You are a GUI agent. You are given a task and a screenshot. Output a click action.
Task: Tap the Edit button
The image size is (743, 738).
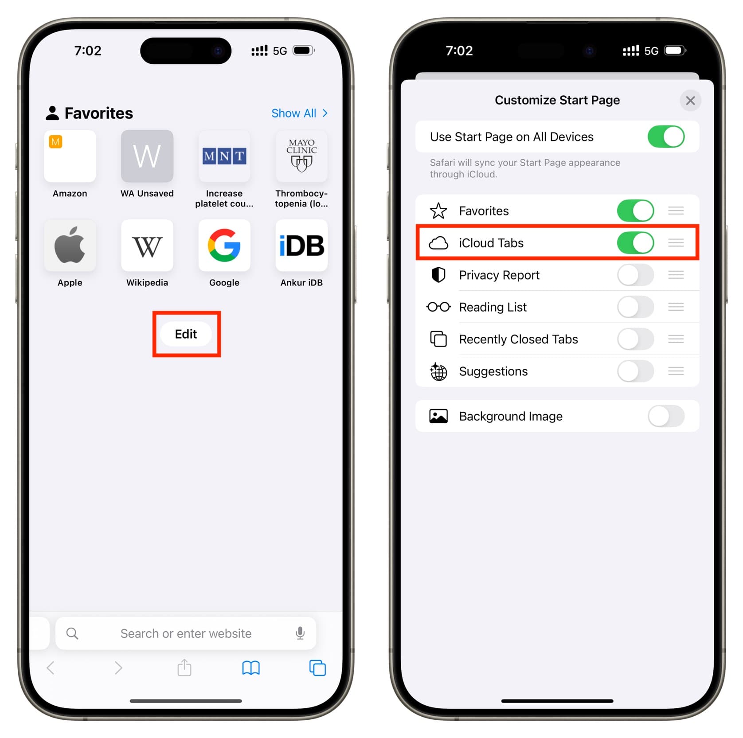(x=186, y=334)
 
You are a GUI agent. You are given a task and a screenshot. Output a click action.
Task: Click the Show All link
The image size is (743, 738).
(x=299, y=113)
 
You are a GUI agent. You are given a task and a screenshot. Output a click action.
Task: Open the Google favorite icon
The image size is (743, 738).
(x=224, y=245)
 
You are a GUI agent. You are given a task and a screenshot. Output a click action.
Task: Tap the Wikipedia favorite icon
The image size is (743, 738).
(x=147, y=245)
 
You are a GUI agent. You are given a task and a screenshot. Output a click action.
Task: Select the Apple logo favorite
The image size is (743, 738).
(x=70, y=245)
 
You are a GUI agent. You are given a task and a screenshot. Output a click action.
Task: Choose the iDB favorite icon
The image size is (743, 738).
(x=301, y=245)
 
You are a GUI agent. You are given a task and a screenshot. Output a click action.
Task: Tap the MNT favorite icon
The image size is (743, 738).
(x=224, y=156)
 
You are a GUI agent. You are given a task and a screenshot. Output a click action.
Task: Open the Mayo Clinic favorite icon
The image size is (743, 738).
(x=301, y=156)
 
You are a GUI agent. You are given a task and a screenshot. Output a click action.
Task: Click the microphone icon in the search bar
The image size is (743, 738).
(x=300, y=633)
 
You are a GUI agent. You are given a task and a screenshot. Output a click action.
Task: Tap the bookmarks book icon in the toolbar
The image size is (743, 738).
(x=251, y=668)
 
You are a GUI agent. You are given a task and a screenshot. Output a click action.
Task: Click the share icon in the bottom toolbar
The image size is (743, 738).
(x=184, y=667)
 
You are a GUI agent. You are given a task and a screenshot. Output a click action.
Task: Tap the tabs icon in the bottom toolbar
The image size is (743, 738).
(x=317, y=668)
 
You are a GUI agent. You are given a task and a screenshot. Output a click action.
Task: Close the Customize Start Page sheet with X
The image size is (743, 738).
(x=690, y=101)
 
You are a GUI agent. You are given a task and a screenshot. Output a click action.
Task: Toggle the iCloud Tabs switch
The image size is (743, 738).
(x=635, y=242)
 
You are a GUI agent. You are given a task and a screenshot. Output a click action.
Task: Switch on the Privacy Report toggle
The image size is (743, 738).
(x=635, y=275)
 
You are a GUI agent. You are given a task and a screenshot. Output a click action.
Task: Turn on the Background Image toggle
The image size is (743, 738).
(x=666, y=416)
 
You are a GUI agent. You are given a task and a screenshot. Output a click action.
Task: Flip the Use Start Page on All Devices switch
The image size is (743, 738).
(x=666, y=137)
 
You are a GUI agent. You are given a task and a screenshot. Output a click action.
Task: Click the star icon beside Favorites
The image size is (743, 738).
(x=438, y=211)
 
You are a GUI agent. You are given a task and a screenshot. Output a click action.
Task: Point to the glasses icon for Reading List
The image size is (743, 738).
(x=438, y=307)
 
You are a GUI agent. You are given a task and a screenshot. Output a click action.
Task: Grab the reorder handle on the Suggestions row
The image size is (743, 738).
(x=676, y=371)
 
